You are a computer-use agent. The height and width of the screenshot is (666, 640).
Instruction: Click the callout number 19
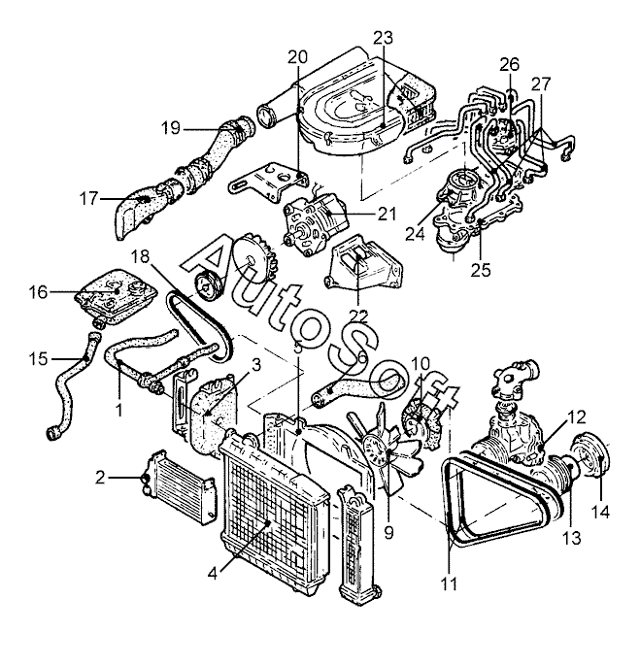(171, 128)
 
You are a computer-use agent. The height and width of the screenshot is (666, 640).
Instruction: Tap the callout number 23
(384, 38)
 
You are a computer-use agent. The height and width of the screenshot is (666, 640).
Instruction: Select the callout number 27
(541, 84)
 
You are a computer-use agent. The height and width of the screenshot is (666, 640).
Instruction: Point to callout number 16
(38, 292)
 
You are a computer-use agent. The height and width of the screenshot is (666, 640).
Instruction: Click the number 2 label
(100, 478)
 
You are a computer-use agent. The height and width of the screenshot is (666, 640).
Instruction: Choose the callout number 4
(213, 574)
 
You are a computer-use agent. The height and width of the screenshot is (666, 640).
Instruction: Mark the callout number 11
(450, 584)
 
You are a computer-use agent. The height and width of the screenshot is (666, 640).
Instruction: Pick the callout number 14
(601, 512)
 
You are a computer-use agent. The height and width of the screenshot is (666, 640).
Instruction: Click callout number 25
(481, 270)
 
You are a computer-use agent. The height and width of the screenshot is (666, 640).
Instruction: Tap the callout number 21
(387, 214)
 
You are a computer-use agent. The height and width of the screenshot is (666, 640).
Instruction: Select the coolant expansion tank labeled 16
(116, 297)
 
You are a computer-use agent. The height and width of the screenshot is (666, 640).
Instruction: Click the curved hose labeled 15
(74, 386)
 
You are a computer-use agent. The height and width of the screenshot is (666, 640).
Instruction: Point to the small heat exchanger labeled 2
(178, 486)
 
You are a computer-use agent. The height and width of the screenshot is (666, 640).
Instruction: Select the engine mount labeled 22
(364, 264)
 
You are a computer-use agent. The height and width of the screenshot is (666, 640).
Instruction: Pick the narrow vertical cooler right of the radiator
(356, 545)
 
